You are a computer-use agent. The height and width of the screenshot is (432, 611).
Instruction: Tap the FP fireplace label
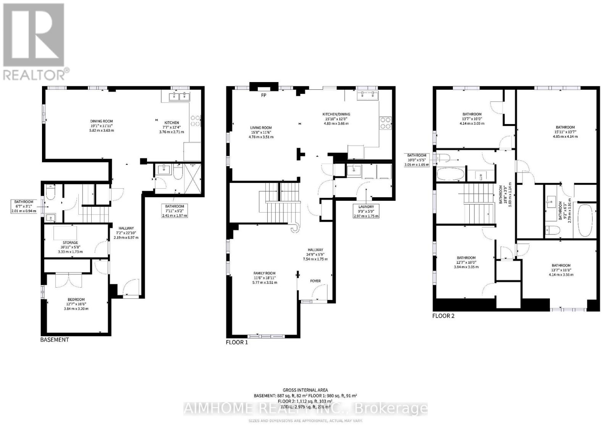click(x=263, y=95)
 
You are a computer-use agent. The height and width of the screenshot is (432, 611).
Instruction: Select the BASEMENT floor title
click(x=55, y=340)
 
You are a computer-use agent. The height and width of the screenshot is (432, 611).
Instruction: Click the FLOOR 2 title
click(x=443, y=316)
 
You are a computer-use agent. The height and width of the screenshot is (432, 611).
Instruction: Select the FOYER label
click(x=315, y=281)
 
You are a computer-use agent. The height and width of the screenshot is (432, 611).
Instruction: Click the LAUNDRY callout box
click(x=366, y=211)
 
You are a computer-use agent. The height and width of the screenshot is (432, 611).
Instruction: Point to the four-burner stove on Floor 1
click(x=385, y=123)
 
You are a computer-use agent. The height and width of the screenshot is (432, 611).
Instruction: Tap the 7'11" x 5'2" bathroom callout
click(x=175, y=211)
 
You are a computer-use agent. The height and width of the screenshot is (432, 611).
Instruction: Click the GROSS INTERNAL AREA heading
click(x=305, y=390)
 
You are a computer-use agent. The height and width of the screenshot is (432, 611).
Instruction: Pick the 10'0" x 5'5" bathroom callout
click(x=416, y=160)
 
